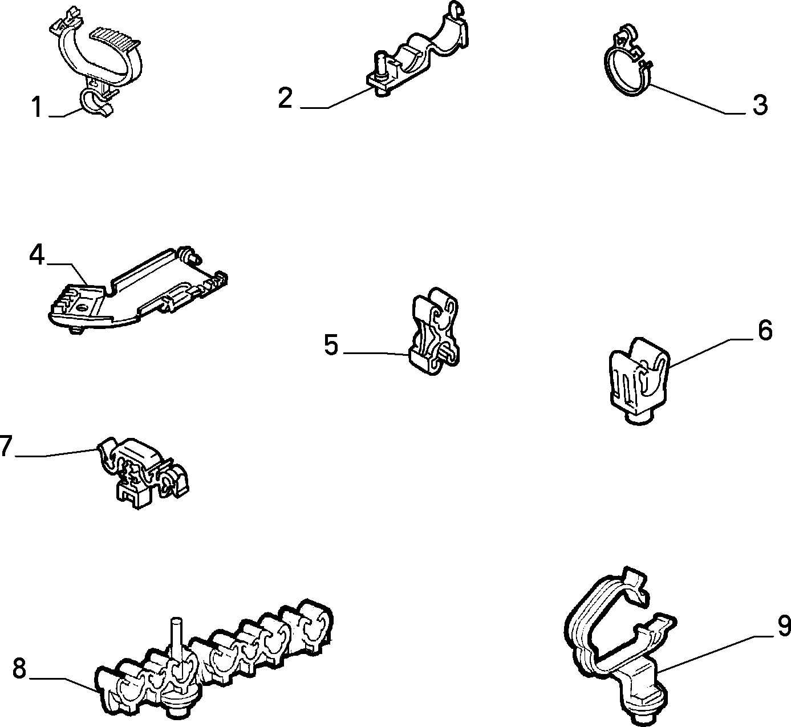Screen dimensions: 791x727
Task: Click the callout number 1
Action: coord(37,107)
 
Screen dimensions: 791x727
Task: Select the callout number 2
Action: coord(286,98)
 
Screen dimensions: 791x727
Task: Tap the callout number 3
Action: coord(760,105)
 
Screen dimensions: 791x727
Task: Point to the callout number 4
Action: coord(38,255)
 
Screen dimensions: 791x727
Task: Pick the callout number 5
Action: coord(331,344)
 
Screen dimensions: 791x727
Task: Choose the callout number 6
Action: coord(765,330)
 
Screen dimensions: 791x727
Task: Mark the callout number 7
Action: coord(6,446)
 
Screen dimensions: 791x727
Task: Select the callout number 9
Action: coord(784,626)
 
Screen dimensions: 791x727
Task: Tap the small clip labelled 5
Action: coord(435,331)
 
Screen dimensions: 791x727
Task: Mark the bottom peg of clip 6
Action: coord(639,417)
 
